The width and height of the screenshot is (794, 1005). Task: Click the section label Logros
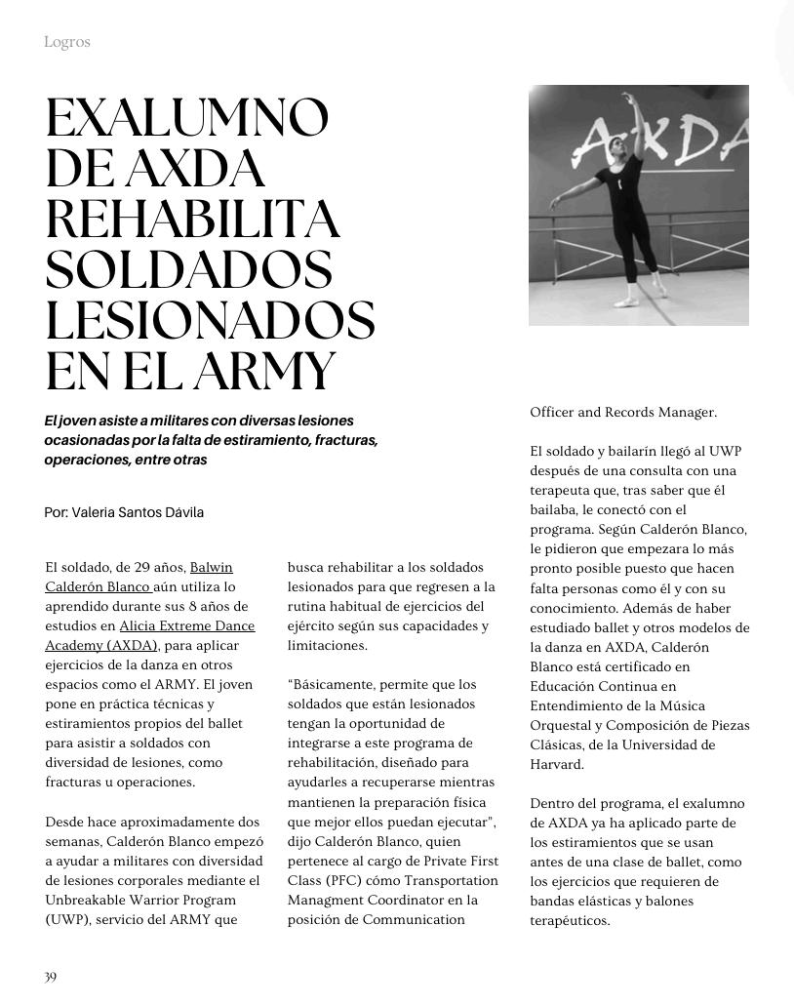point(67,42)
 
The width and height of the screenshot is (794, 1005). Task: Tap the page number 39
point(51,977)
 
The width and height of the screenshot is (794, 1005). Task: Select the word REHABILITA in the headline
point(192,221)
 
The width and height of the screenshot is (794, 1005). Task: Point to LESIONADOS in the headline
point(210,321)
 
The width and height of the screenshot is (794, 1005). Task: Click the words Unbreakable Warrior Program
point(153,900)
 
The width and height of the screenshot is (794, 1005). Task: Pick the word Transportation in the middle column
point(452,880)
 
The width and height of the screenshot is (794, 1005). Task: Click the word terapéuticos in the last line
point(570,920)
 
